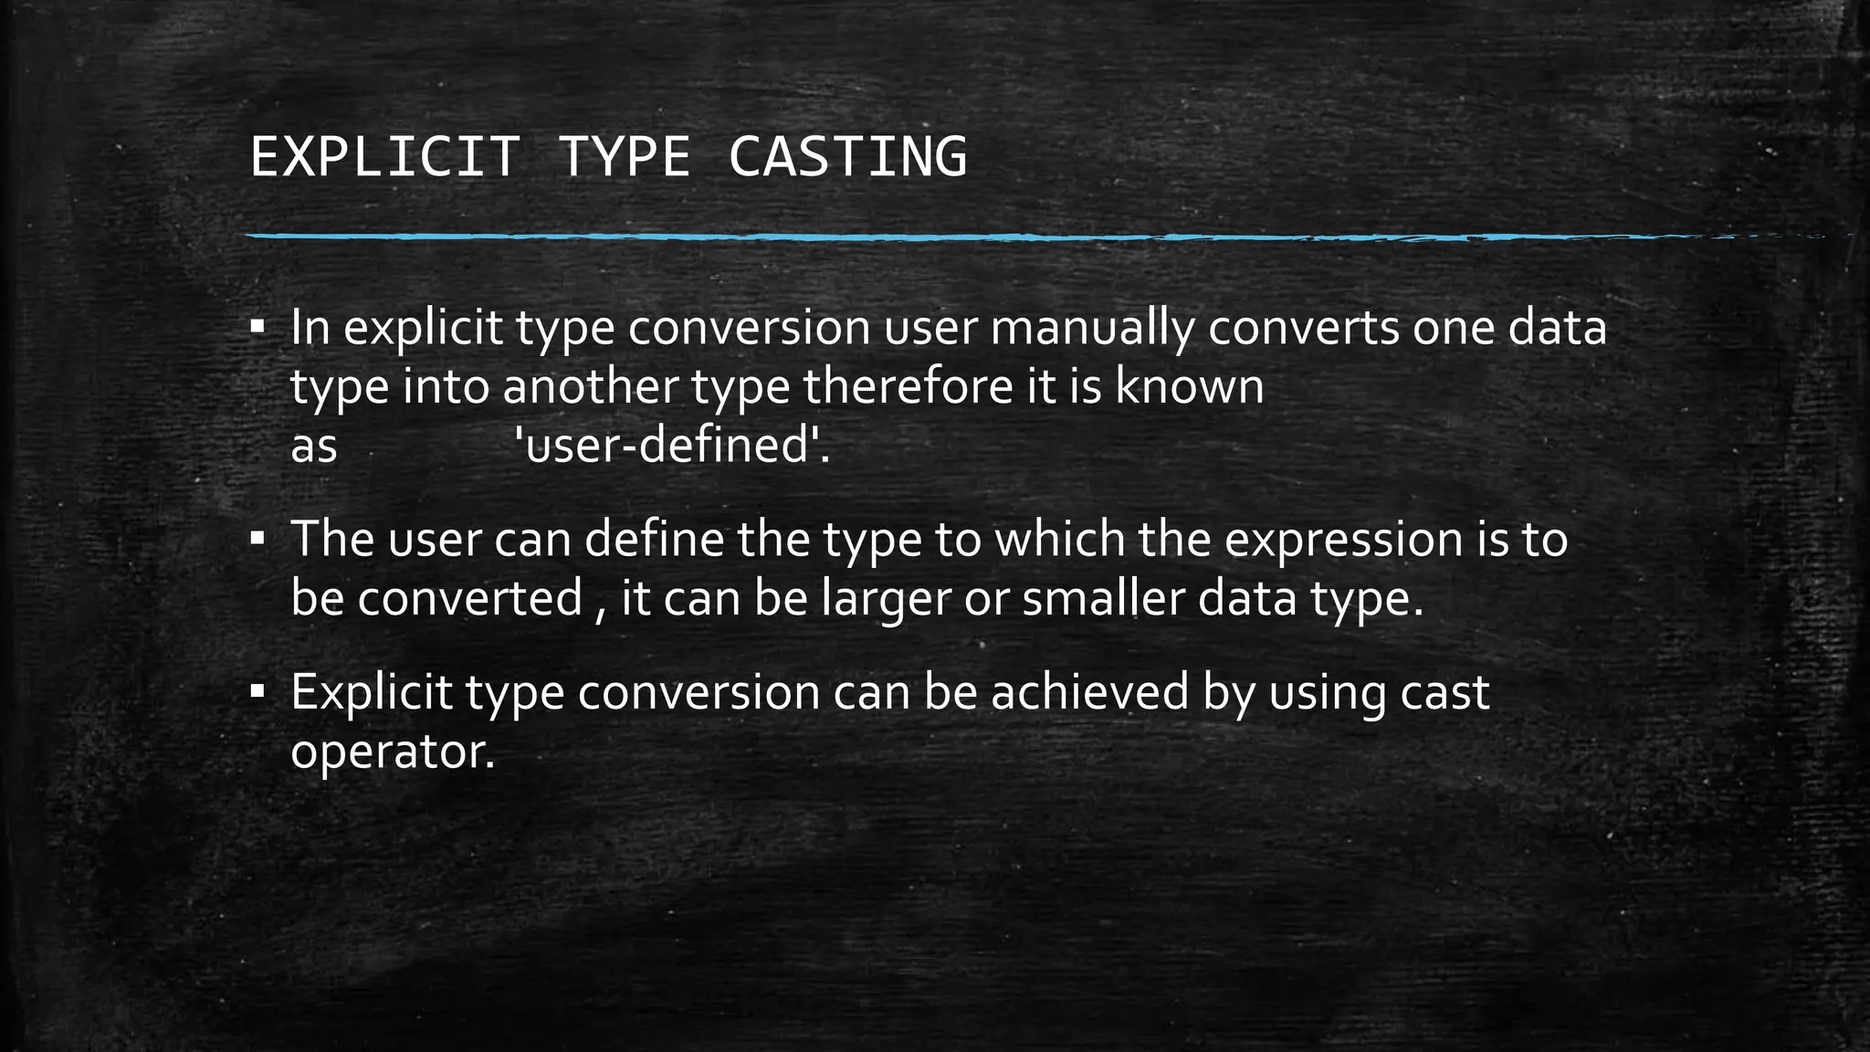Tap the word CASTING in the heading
pos(847,156)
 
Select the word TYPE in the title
pos(624,156)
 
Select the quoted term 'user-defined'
pos(672,446)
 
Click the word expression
pos(1342,539)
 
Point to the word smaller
pos(1103,599)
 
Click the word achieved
pos(1090,691)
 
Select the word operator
pos(392,752)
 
